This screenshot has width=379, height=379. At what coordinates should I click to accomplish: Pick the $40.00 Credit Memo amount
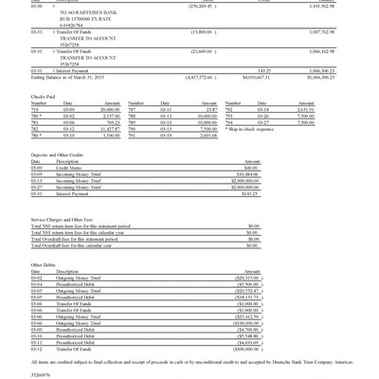(x=251, y=168)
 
